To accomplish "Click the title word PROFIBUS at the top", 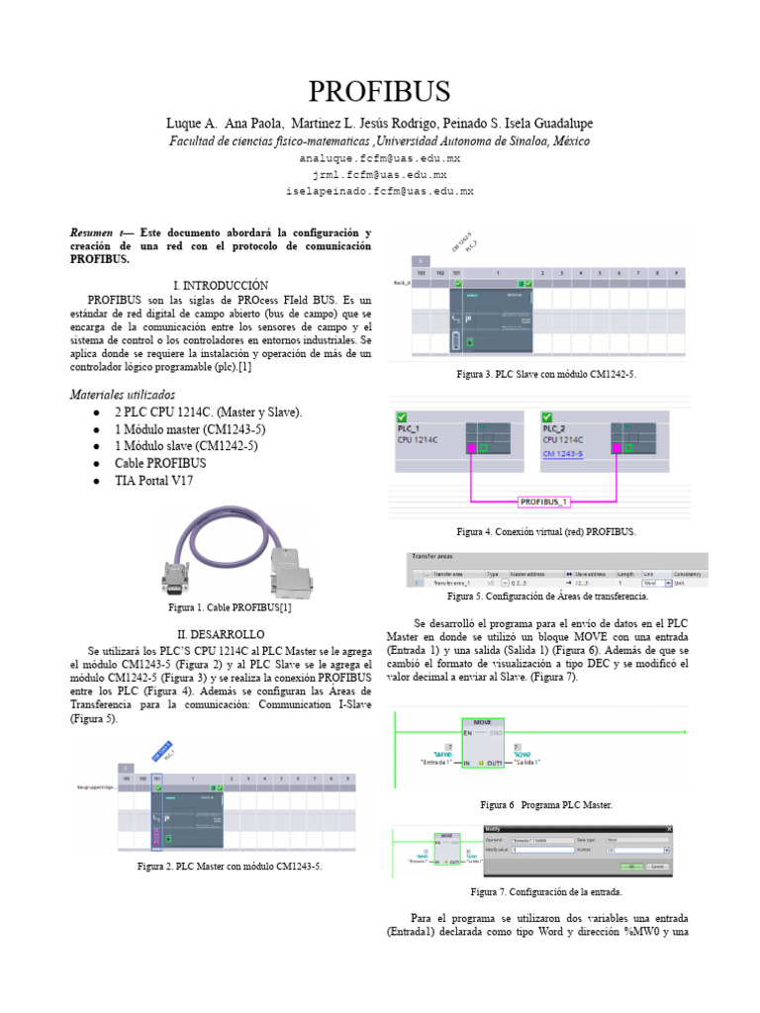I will (379, 92).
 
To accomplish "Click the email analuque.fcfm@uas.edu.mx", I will (379, 158).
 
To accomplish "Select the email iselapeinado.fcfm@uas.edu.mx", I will (379, 190).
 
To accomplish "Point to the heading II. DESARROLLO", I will (221, 633).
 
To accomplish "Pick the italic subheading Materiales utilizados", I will (123, 394).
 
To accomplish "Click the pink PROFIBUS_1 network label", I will (544, 502).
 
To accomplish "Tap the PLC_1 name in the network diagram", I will (409, 429).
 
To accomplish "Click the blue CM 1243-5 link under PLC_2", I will (563, 453).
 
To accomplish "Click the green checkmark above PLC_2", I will (549, 416).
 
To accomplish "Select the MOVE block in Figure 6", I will (482, 723).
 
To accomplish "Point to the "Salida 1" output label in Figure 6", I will (521, 764).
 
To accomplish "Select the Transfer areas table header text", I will (431, 558).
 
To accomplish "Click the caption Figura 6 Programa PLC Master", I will (546, 806).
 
